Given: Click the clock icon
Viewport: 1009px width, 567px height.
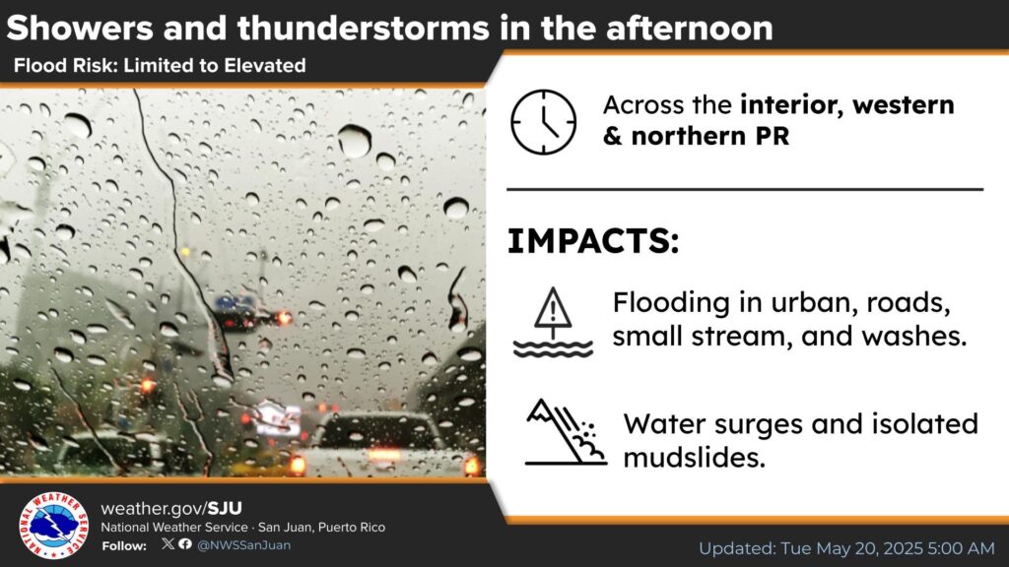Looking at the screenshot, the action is click(x=544, y=122).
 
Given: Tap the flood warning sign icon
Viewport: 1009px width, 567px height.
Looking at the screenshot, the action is click(x=553, y=322).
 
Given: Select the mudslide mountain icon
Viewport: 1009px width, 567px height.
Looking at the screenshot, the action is click(x=566, y=432).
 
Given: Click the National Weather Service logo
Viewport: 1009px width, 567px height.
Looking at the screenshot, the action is click(x=53, y=526).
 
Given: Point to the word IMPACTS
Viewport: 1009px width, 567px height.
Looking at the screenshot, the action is click(x=592, y=241).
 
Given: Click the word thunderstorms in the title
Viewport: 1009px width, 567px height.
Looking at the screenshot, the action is click(x=363, y=29).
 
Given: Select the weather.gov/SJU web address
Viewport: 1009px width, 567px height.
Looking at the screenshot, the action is click(x=171, y=509).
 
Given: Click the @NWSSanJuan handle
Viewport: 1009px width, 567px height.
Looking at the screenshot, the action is click(x=244, y=545).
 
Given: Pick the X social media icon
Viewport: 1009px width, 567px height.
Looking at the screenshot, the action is click(x=168, y=543).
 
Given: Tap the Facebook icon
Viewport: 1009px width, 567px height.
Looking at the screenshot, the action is click(x=185, y=543).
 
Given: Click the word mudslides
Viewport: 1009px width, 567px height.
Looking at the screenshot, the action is click(x=695, y=458).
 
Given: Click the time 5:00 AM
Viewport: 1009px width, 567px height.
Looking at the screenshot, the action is click(x=962, y=548).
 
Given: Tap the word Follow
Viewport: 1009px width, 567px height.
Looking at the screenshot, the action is click(x=124, y=545).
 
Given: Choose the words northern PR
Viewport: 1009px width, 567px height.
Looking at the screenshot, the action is click(x=709, y=136).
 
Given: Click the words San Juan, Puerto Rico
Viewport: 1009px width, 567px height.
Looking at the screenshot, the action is click(x=322, y=528).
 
